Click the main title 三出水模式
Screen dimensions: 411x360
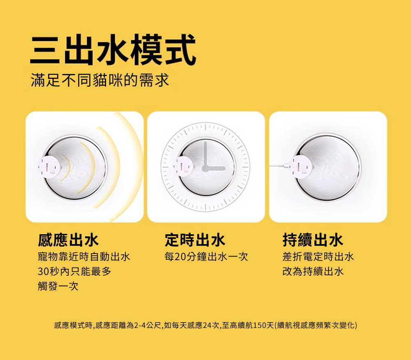(x=113, y=50)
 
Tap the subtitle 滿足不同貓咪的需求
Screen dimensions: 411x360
(x=100, y=80)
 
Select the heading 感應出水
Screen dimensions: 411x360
(x=68, y=240)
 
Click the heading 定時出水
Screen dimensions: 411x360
(x=195, y=240)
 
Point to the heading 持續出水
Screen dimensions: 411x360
(x=313, y=240)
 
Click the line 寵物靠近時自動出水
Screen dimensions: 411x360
(x=84, y=257)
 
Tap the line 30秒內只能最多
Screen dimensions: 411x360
(x=74, y=272)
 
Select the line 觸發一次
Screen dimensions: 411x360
(x=58, y=286)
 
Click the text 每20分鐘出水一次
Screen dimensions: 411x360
(x=206, y=257)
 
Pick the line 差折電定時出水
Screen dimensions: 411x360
(x=318, y=257)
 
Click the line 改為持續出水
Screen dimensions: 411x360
(x=313, y=272)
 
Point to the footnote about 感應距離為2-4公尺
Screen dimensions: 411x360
(x=205, y=325)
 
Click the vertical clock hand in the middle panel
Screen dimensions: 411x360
(x=205, y=155)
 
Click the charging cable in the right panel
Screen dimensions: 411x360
(x=279, y=166)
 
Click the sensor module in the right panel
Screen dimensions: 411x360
(x=301, y=166)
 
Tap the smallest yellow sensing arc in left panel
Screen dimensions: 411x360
(x=66, y=168)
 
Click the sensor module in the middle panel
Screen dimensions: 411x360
(x=184, y=166)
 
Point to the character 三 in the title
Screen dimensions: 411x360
(x=45, y=50)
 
